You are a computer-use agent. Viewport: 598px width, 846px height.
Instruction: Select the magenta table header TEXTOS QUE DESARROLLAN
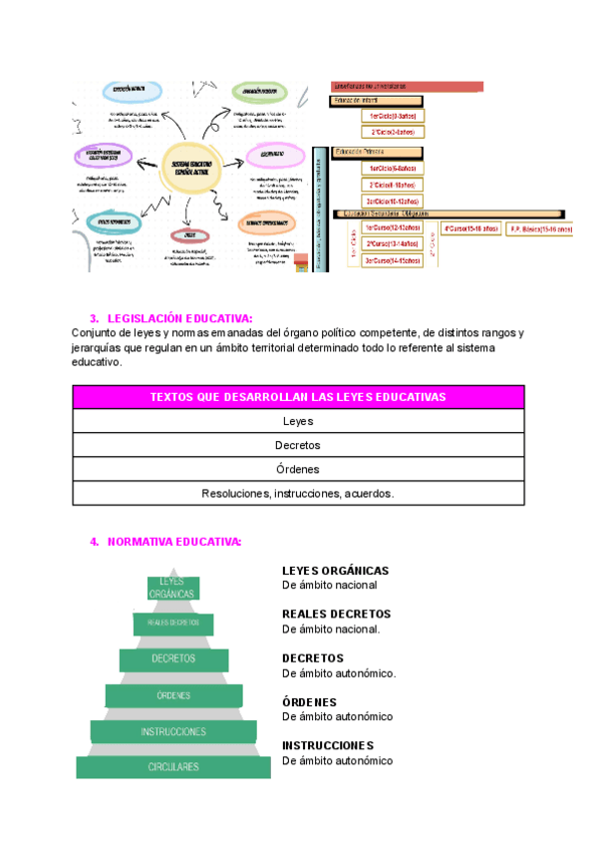click(298, 397)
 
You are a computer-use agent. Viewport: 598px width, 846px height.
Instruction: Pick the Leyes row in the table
click(298, 421)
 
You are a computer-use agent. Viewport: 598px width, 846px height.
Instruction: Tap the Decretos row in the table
click(298, 445)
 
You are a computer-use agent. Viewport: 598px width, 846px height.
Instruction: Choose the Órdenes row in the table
click(298, 469)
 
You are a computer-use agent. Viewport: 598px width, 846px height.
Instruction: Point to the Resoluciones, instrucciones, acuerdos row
click(298, 493)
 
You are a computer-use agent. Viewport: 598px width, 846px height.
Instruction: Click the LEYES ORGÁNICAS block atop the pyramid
click(173, 589)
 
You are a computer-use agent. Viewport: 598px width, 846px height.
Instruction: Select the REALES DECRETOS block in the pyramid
click(173, 623)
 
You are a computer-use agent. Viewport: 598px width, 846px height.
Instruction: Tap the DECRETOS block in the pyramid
click(173, 659)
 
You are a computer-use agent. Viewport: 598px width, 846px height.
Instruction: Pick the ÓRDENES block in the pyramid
click(173, 695)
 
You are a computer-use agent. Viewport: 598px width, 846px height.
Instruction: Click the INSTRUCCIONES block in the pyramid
click(173, 731)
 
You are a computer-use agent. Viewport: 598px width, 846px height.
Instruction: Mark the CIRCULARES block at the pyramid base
click(173, 767)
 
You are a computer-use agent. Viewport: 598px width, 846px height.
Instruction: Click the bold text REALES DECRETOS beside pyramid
click(336, 615)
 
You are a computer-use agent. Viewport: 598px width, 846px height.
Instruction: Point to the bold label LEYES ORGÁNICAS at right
click(335, 571)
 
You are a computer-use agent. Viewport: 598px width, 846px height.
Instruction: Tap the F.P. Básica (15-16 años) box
click(541, 228)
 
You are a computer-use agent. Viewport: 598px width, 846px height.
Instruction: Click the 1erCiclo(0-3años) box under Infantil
click(392, 116)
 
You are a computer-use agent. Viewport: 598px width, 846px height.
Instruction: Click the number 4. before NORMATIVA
click(95, 542)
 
